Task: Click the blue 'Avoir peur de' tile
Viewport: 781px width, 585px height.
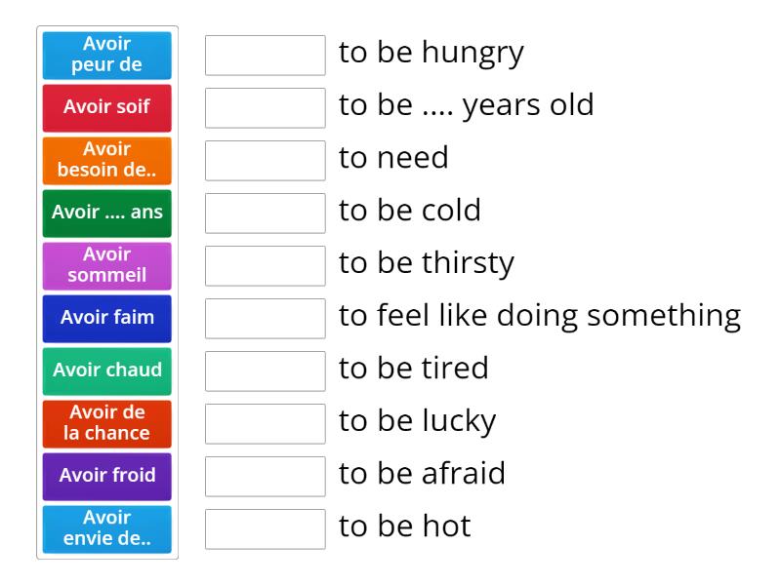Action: (106, 55)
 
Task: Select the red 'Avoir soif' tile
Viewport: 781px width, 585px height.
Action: (106, 107)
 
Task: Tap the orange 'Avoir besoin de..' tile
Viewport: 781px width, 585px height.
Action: (106, 160)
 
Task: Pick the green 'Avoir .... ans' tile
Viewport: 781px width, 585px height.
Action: (106, 213)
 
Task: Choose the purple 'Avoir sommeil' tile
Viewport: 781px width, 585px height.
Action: (106, 265)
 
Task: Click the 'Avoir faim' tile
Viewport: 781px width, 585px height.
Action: (106, 318)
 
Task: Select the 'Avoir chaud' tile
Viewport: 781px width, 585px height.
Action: (106, 370)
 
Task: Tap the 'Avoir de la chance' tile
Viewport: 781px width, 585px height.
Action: (106, 423)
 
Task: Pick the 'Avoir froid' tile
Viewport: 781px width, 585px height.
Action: (106, 476)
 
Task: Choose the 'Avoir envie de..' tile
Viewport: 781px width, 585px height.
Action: (106, 528)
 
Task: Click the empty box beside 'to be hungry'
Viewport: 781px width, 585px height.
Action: (265, 55)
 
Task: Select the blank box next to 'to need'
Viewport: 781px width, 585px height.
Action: (265, 160)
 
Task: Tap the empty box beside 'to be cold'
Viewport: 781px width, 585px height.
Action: (265, 213)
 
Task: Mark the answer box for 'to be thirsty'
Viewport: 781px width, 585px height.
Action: (265, 265)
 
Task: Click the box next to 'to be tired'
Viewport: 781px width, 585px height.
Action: (265, 370)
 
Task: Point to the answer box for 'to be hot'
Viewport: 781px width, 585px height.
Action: (265, 528)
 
